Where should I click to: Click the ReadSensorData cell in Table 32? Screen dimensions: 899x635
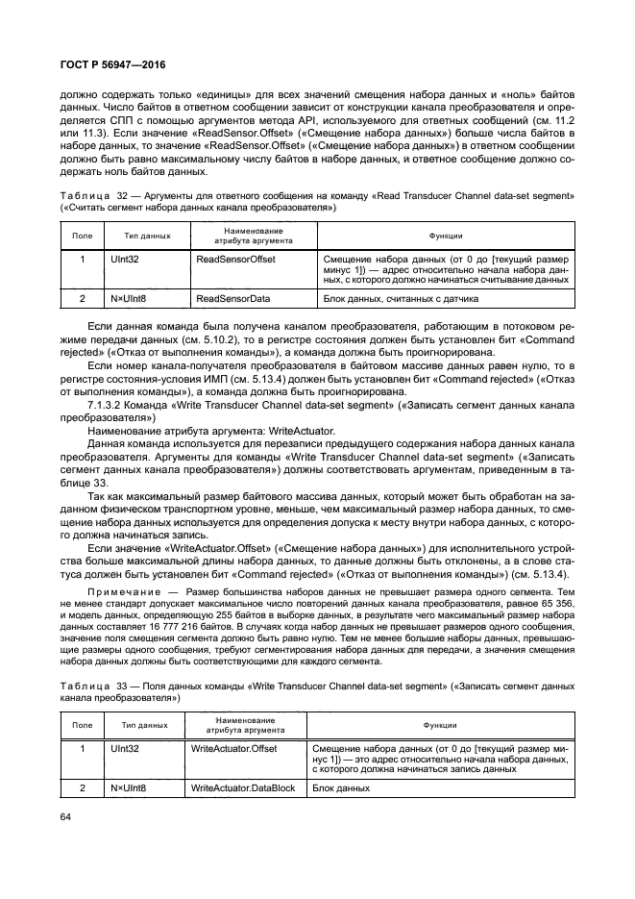pyautogui.click(x=232, y=299)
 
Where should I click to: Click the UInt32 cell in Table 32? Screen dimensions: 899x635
pyautogui.click(x=126, y=260)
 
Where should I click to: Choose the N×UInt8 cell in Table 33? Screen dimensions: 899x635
pyautogui.click(x=127, y=787)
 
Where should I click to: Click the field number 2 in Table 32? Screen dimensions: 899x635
pyautogui.click(x=83, y=299)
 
